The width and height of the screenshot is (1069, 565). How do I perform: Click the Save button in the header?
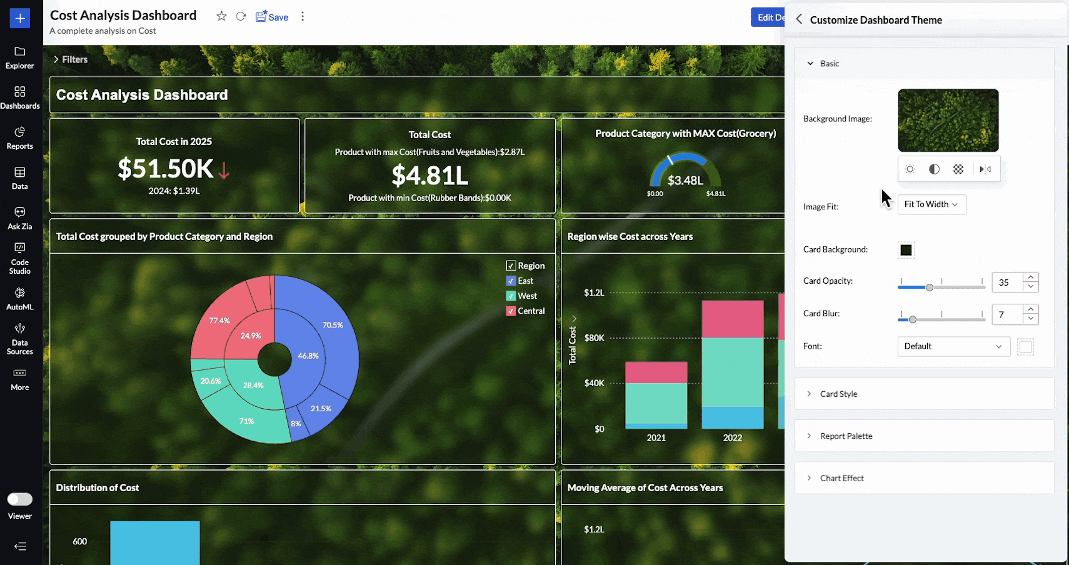coord(272,17)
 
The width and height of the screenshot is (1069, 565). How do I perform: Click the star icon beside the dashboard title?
coord(221,16)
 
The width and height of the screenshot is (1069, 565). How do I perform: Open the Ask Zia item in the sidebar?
coord(19,218)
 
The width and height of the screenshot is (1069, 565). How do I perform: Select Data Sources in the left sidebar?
coord(19,339)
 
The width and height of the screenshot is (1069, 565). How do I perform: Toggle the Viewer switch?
coord(19,499)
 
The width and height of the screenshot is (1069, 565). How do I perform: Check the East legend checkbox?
coord(511,281)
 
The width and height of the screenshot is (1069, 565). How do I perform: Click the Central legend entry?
coord(531,311)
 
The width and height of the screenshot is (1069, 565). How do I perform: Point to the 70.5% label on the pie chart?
coord(333,325)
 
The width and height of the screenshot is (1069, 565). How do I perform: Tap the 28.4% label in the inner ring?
coord(253,386)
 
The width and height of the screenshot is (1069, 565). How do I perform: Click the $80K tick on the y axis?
coord(594,338)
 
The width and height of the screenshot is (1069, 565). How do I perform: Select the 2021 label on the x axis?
coord(656,438)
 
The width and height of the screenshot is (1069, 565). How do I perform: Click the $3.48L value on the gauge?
coord(685,181)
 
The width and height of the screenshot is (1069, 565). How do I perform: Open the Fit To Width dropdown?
coord(931,204)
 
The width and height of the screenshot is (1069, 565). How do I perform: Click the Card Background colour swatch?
coord(906,250)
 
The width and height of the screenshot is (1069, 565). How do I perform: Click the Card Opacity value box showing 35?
coord(1006,282)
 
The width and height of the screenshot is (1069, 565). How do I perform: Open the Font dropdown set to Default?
coord(953,346)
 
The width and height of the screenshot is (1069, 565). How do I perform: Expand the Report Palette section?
coord(846,436)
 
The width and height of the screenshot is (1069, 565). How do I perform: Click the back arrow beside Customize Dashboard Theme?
coord(799,19)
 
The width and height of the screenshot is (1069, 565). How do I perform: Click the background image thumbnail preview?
coord(948,121)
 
